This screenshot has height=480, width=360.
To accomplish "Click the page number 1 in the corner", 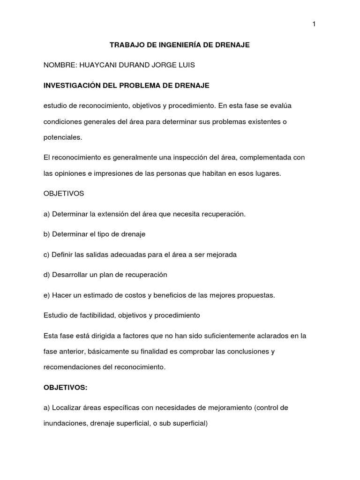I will click(314, 25).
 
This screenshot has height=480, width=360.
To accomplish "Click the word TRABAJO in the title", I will click(125, 45).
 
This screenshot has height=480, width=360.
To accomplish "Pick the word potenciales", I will click(62, 138).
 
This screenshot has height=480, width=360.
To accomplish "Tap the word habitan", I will click(210, 173).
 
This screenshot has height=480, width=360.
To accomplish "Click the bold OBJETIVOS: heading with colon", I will click(66, 388).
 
